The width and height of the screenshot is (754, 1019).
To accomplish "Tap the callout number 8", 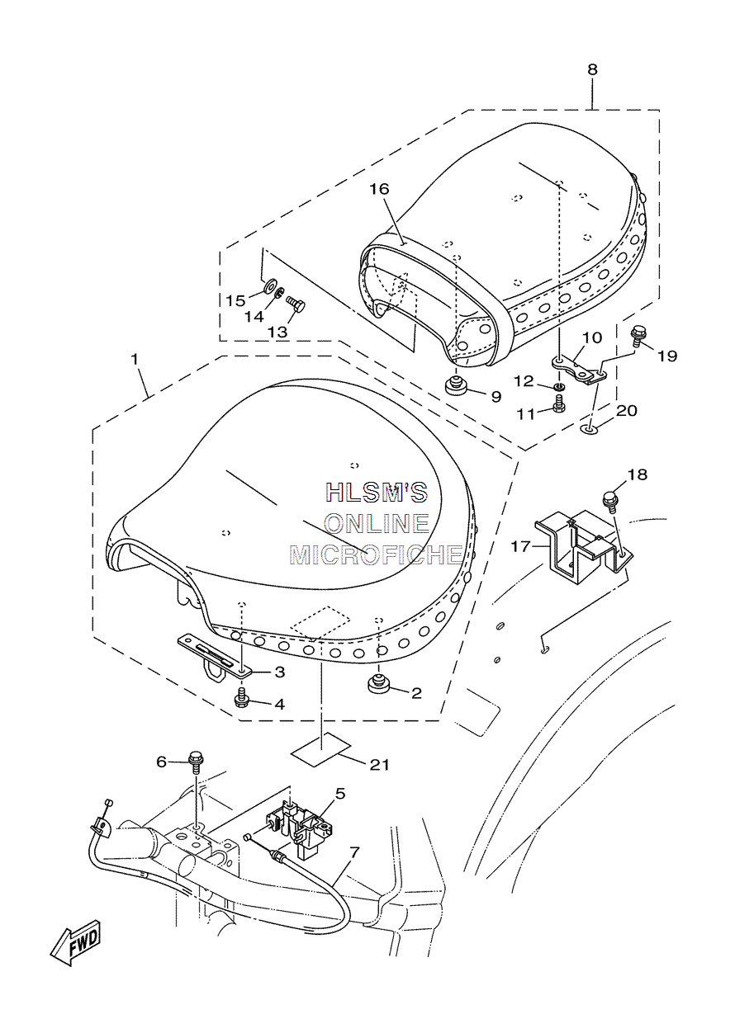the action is click(x=592, y=70).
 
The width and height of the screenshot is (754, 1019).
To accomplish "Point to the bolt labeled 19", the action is click(x=638, y=337).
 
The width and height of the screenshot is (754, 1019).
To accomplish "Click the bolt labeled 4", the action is click(x=241, y=710).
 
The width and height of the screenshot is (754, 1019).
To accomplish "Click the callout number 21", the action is click(x=379, y=765).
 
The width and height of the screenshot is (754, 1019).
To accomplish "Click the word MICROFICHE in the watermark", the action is click(x=376, y=555).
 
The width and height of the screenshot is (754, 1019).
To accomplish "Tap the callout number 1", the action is click(x=135, y=359).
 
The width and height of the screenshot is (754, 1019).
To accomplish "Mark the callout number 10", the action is click(x=592, y=337).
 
